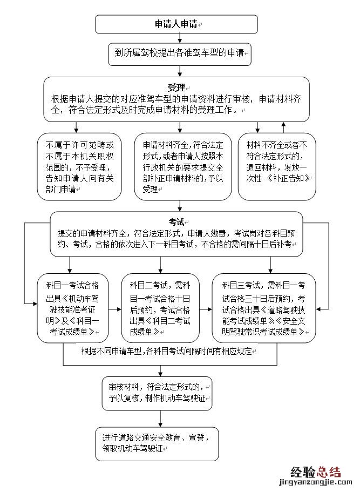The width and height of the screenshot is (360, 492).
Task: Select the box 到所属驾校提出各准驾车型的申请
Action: pos(180,53)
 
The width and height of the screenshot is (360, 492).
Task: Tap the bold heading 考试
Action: pos(176,222)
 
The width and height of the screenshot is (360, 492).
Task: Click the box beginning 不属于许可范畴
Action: pos(80,167)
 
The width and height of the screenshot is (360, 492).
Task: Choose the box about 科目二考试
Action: pos(160,307)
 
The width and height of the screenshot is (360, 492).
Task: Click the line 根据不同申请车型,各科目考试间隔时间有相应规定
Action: pos(167,351)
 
